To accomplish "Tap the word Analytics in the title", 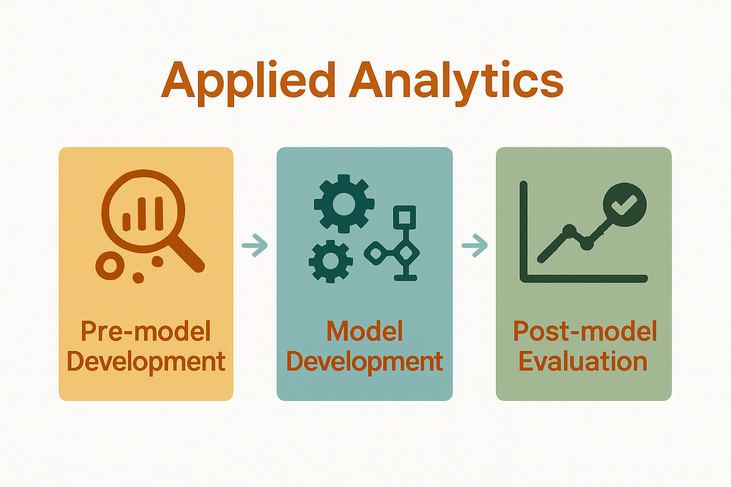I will click(x=457, y=81).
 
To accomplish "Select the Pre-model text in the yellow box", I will click(x=146, y=331).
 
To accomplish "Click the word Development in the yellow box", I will click(x=146, y=362).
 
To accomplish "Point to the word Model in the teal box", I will click(x=365, y=331).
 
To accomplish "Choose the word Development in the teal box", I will click(x=365, y=362).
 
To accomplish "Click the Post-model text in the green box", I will click(x=584, y=331).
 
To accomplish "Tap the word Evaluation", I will click(x=583, y=362).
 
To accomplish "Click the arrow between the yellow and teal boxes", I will click(x=255, y=245).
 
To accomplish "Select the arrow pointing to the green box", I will click(x=475, y=245).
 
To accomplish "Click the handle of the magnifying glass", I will click(x=187, y=254).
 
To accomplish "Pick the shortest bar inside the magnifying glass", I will click(x=127, y=222).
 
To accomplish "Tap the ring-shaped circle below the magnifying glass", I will click(x=110, y=265).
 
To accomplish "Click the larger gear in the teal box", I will click(x=344, y=204).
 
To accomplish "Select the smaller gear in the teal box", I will click(x=331, y=261).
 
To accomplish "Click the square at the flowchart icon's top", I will click(x=405, y=217).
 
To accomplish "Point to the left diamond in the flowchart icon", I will click(x=375, y=253).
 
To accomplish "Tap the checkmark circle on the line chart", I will click(x=624, y=205).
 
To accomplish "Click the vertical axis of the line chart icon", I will click(x=524, y=228).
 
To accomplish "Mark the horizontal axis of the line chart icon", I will click(x=585, y=279).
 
